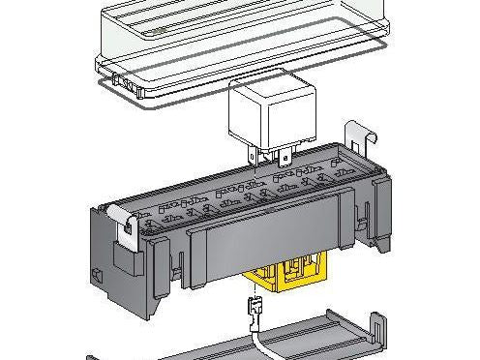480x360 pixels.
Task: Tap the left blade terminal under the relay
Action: point(254,156)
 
